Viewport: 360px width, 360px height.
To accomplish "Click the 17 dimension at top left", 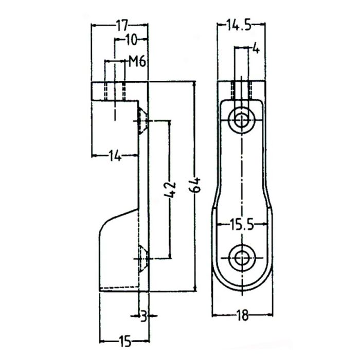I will point(121,24).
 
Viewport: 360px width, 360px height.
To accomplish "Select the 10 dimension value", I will point(131,39).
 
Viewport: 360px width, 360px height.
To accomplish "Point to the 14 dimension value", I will point(115,154).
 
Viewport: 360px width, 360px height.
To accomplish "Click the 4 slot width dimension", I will point(256,49).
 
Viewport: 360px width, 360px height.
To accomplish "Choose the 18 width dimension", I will point(242,316).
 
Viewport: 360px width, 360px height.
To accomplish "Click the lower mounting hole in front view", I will point(241,258).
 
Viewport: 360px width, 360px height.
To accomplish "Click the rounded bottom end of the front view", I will point(241,288).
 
